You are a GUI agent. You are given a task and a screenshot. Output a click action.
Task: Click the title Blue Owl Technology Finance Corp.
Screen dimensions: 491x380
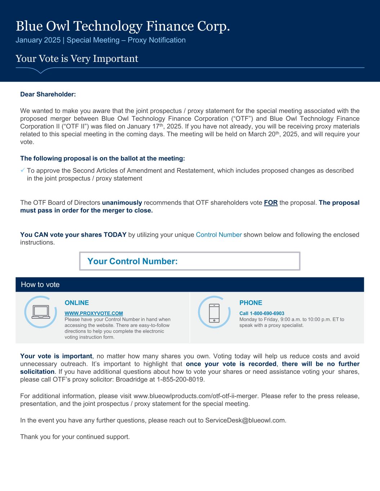tap(122, 26)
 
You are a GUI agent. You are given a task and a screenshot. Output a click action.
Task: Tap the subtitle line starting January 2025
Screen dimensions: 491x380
tap(100, 40)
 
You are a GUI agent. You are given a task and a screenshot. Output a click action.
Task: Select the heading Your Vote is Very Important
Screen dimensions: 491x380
tap(77, 59)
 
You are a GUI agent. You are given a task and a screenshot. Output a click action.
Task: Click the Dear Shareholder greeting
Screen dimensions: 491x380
tap(48, 94)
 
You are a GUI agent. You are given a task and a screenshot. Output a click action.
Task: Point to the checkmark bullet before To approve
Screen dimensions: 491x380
tap(23, 171)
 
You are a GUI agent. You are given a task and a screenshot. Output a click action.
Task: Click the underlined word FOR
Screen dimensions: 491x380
tap(271, 203)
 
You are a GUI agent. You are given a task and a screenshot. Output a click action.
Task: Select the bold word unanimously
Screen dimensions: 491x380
tap(122, 203)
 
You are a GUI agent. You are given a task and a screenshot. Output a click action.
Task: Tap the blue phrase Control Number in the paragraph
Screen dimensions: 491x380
tap(219, 235)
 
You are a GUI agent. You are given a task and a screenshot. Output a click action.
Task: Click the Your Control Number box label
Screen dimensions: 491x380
tap(132, 261)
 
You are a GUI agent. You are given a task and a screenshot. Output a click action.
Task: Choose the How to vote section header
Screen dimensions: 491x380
tap(40, 285)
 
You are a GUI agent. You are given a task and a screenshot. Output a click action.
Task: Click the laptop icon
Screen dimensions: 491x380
tap(40, 312)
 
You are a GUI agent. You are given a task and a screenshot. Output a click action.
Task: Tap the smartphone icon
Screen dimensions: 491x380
tap(214, 312)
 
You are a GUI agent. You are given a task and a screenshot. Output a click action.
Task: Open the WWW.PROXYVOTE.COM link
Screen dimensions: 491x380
tap(94, 313)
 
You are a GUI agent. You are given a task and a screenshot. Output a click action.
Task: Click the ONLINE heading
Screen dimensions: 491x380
tap(77, 303)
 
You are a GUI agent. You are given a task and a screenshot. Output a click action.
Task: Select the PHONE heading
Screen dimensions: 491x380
tap(251, 303)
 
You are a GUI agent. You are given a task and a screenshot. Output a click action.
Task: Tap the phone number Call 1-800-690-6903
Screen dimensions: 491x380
tap(262, 313)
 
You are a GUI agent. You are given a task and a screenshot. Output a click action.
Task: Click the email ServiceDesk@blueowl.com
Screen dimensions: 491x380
tap(245, 420)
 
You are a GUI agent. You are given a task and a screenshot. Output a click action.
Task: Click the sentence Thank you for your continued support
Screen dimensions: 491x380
tap(75, 437)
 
